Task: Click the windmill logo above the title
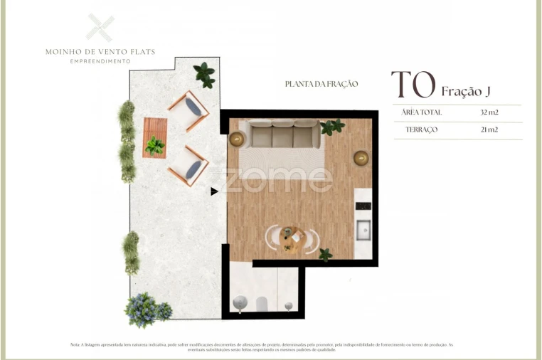(x=100, y=28)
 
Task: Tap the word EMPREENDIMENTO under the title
(x=100, y=61)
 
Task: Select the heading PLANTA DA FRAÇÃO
(x=321, y=84)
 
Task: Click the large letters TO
(x=413, y=85)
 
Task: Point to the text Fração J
(x=466, y=91)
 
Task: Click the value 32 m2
(x=489, y=112)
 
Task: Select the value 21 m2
(x=489, y=130)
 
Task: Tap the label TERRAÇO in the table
(x=422, y=130)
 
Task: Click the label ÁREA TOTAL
(x=422, y=112)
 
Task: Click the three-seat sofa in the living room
(x=283, y=133)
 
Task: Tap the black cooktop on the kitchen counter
(x=363, y=206)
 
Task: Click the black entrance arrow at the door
(x=214, y=191)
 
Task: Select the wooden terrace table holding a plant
(x=154, y=137)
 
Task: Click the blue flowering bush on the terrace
(x=147, y=309)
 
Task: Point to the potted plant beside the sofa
(x=331, y=127)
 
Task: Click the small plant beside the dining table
(x=325, y=253)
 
